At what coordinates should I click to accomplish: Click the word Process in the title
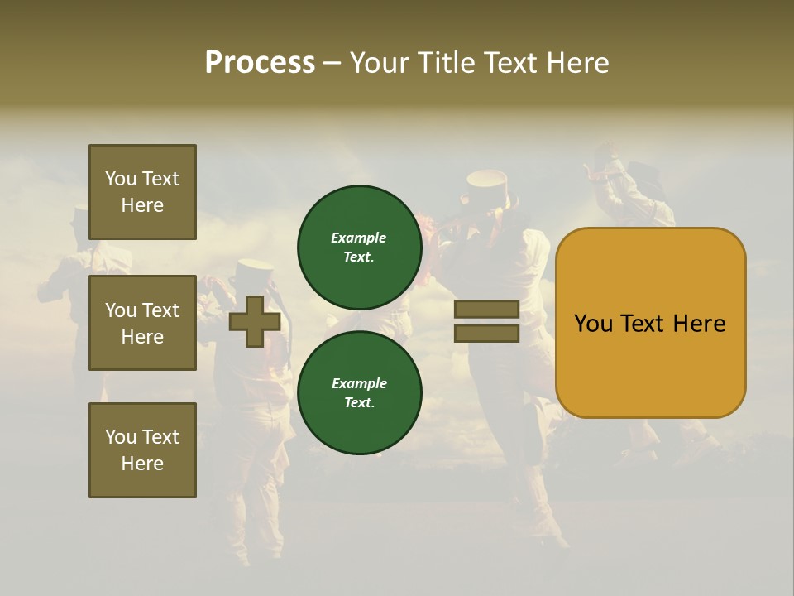click(x=260, y=63)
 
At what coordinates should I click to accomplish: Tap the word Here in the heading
click(x=576, y=63)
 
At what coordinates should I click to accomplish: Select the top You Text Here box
click(x=142, y=192)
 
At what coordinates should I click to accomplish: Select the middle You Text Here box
click(x=142, y=323)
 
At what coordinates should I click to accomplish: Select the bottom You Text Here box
click(x=142, y=450)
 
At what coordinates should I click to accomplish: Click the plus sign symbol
click(x=255, y=321)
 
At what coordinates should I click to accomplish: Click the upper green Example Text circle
click(x=359, y=247)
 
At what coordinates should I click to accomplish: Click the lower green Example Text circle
click(x=359, y=392)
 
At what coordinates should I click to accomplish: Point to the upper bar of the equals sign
click(x=486, y=310)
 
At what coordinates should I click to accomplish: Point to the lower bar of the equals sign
click(x=486, y=334)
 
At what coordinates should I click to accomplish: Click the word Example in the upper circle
click(x=358, y=238)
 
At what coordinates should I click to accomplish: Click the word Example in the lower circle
click(x=358, y=383)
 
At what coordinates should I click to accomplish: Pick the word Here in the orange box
click(x=699, y=324)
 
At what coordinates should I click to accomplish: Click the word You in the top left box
click(x=121, y=179)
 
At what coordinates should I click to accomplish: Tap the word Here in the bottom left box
click(x=142, y=464)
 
